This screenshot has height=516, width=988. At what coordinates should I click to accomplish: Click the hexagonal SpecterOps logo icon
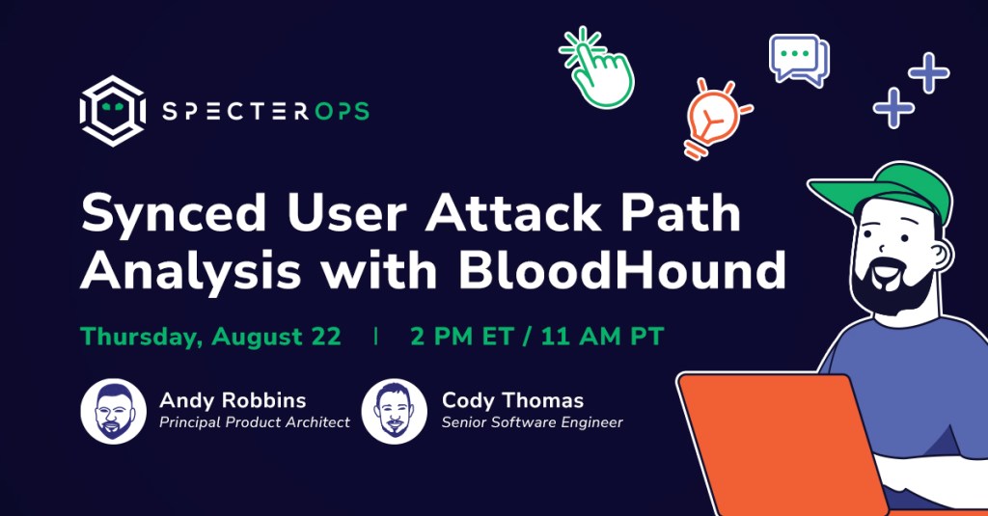point(113,111)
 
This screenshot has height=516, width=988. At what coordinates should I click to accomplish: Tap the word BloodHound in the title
point(621,269)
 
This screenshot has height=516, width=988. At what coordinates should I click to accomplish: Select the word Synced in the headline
point(174,213)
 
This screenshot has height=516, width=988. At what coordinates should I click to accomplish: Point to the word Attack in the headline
point(513,212)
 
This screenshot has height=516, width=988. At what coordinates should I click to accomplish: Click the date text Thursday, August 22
point(210,337)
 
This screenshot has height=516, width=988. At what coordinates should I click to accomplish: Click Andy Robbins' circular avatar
point(114,412)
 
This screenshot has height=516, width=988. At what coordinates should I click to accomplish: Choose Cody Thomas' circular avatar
point(395,412)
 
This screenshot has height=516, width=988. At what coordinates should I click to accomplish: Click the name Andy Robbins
point(233,400)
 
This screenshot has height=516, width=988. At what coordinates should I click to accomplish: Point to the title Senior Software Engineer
point(532,422)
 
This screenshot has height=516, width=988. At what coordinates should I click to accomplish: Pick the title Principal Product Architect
point(255,422)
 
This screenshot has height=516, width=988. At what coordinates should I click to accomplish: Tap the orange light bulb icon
point(715,118)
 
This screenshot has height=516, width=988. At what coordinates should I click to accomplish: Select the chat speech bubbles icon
point(799,60)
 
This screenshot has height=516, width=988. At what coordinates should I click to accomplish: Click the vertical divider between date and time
point(376,337)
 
